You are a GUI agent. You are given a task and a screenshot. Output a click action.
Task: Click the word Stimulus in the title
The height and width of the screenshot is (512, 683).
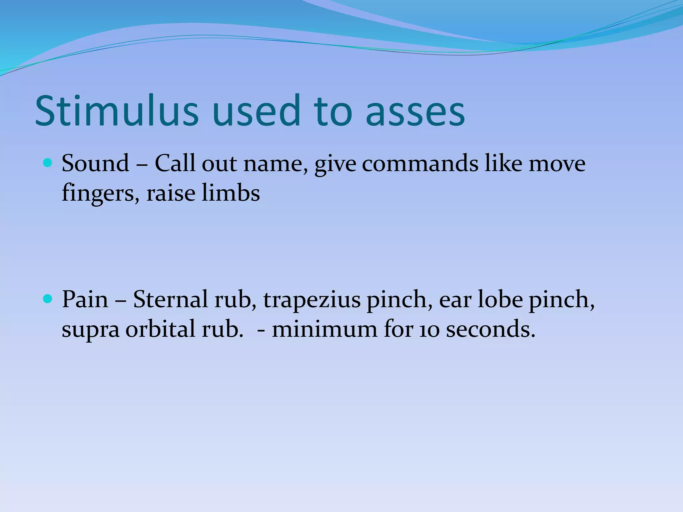[x=117, y=111]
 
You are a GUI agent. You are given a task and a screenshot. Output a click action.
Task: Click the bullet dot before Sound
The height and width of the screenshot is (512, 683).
[x=48, y=163]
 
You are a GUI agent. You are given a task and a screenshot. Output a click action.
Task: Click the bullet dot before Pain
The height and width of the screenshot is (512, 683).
[x=48, y=299]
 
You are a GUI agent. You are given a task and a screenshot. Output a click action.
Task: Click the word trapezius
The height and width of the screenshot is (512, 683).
[x=312, y=300]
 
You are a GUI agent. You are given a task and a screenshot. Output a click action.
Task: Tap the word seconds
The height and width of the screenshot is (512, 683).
[x=490, y=329]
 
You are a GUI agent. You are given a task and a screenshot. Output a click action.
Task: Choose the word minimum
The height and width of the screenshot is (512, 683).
[x=324, y=329]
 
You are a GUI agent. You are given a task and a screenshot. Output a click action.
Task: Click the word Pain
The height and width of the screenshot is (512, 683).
[x=85, y=299]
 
